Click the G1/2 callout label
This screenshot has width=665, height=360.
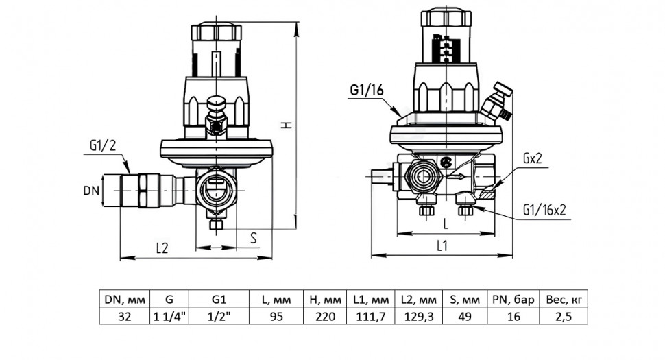102,146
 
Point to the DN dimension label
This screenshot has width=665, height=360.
91,191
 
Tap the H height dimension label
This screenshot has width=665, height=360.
287,125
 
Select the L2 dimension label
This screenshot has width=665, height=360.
162,248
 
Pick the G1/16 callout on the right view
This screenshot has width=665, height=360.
366,90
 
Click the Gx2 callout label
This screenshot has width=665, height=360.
532,159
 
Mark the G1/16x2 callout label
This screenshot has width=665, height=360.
544,210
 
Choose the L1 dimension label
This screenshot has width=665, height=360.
442,245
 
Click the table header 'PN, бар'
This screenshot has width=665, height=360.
513,300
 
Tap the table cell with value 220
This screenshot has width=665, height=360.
325,316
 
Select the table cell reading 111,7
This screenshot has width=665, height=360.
371,316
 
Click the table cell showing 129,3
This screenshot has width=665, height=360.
419,316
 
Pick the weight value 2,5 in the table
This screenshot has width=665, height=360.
564,316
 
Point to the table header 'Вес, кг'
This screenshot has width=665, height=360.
564,300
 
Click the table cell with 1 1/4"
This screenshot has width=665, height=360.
169,316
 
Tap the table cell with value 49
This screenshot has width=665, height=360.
465,316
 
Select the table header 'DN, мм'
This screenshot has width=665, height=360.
125,300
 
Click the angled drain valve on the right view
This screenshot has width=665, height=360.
496,101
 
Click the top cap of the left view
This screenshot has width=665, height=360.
216,32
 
